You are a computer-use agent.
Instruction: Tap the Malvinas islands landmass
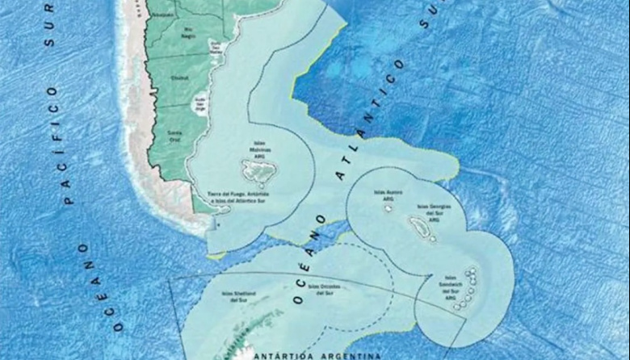(259, 170)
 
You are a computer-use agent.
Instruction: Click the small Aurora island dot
(388, 209)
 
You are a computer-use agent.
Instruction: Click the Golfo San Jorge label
(201, 103)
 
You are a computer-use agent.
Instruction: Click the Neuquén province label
(164, 15)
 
